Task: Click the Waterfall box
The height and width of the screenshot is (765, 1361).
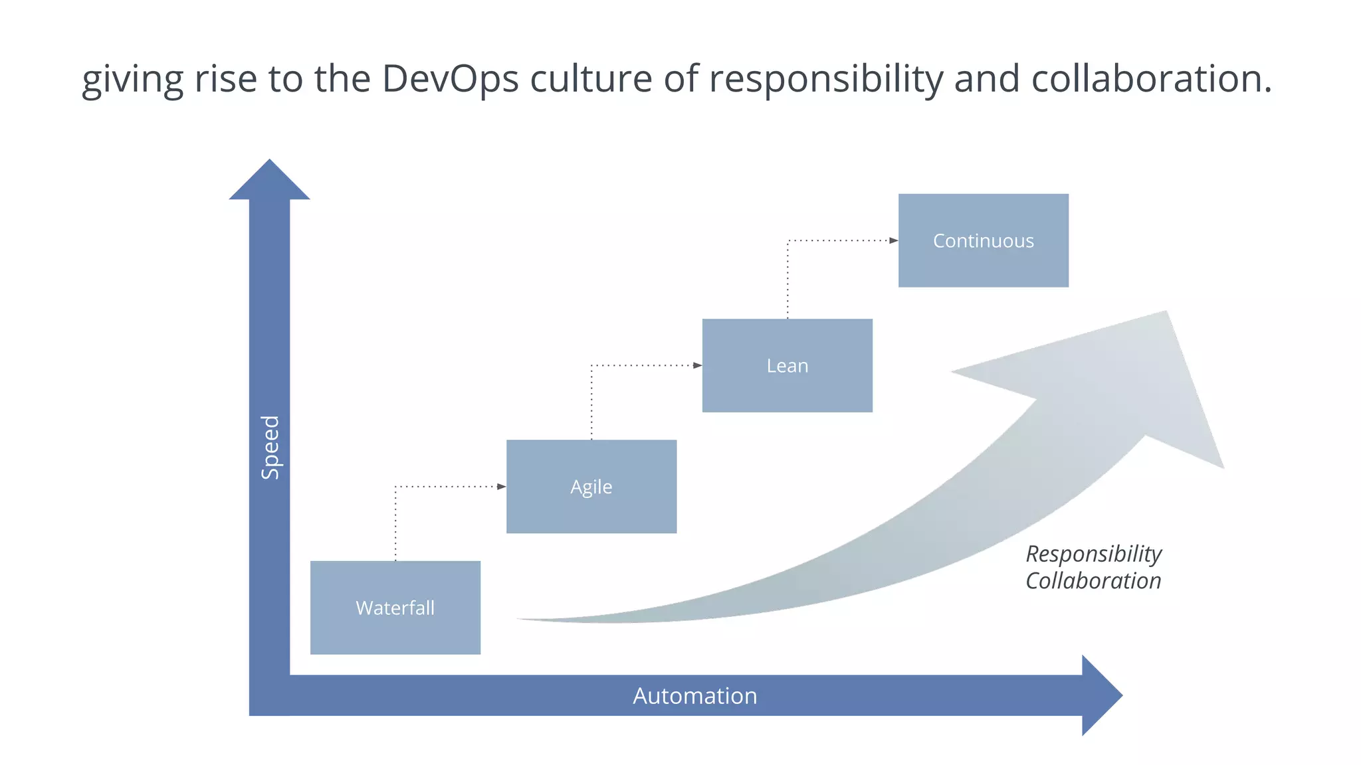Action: pyautogui.click(x=395, y=608)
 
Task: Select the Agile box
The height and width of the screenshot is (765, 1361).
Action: pyautogui.click(x=591, y=487)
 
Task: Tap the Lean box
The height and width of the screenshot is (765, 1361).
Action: pyautogui.click(x=787, y=366)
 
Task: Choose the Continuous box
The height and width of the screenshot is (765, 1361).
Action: pyautogui.click(x=984, y=240)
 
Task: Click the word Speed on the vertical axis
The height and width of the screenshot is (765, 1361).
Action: pyautogui.click(x=270, y=448)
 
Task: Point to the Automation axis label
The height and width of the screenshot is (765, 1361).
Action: pyautogui.click(x=694, y=696)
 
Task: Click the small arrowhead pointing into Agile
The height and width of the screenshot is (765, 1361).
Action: pyautogui.click(x=502, y=487)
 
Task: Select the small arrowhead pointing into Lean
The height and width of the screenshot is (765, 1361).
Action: pyautogui.click(x=698, y=365)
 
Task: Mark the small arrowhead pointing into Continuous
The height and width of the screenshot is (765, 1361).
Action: pyautogui.click(x=894, y=240)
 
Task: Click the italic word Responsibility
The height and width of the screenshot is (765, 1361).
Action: pyautogui.click(x=1093, y=554)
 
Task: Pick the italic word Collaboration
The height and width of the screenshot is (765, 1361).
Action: pyautogui.click(x=1093, y=581)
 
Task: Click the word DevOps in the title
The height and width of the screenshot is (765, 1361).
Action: pyautogui.click(x=450, y=78)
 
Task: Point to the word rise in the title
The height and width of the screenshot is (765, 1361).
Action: pyautogui.click(x=225, y=78)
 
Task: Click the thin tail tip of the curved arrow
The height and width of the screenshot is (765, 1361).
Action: pyautogui.click(x=522, y=620)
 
